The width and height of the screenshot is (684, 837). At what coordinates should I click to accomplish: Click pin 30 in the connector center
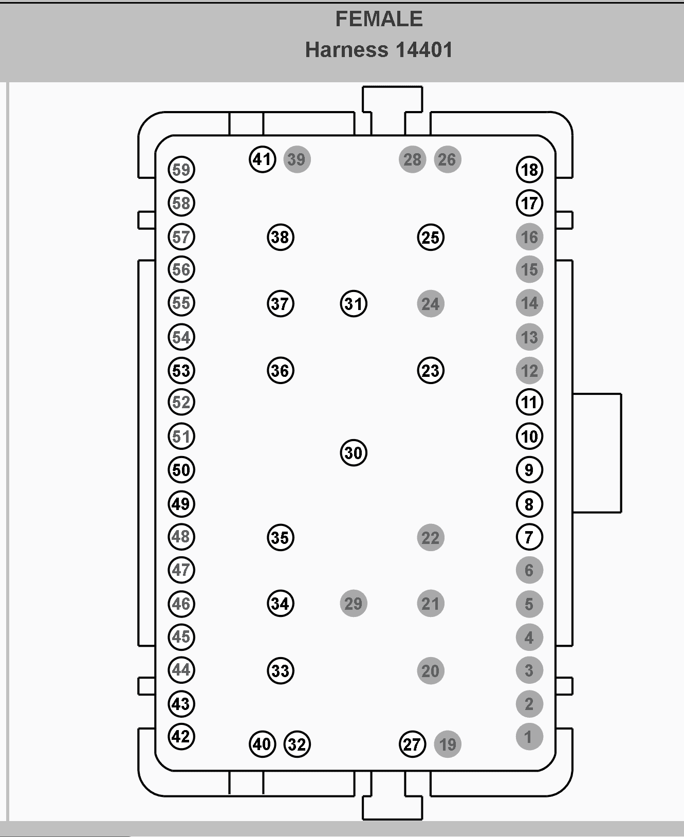tap(354, 452)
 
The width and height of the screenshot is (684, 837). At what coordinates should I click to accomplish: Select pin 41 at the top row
tap(263, 159)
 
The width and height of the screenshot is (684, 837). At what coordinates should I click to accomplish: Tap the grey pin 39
tap(297, 159)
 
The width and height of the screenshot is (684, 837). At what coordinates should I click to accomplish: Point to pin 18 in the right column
tap(529, 170)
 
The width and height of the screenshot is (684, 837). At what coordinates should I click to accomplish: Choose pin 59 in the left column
tap(181, 170)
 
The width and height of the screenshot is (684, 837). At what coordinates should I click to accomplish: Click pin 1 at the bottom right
tap(529, 737)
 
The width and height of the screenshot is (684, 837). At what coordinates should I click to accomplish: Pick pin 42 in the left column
tap(181, 737)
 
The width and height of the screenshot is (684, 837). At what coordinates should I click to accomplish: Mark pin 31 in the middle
tap(354, 303)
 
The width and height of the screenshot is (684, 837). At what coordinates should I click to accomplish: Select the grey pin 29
tap(354, 603)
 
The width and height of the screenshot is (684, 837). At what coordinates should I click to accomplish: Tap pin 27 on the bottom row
tap(412, 744)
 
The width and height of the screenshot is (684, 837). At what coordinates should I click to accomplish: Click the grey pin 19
tap(448, 744)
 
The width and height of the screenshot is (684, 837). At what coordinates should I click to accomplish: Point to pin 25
tap(431, 237)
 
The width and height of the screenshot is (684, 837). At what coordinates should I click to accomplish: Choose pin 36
tap(281, 370)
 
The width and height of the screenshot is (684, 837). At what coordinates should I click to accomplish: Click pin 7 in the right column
tap(529, 537)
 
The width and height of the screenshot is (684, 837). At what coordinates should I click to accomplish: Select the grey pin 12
tap(529, 370)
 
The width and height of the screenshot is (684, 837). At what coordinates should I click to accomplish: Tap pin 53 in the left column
tap(181, 370)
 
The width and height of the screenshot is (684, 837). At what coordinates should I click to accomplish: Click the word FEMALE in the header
tap(379, 19)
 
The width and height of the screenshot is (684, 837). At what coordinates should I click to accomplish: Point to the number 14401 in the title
tap(424, 50)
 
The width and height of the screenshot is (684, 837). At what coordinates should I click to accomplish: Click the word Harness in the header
tap(346, 50)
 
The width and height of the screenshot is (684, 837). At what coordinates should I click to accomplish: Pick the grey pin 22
tap(431, 537)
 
